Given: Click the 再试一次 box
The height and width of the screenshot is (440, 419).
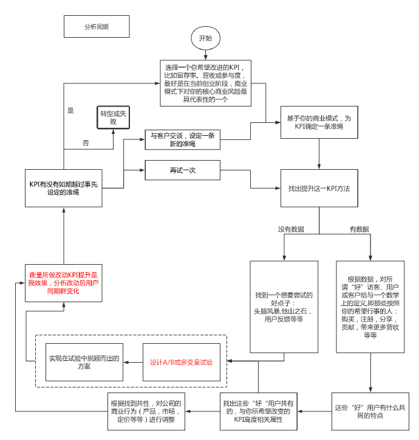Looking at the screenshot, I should pyautogui.click(x=182, y=170).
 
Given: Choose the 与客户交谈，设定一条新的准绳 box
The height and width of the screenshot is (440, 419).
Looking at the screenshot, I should pyautogui.click(x=182, y=140).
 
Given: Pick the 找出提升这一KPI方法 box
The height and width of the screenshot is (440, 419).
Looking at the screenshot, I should pyautogui.click(x=319, y=189).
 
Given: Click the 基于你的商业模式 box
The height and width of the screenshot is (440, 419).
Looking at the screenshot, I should pyautogui.click(x=319, y=123).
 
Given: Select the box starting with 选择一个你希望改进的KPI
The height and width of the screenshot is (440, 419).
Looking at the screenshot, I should pyautogui.click(x=206, y=83).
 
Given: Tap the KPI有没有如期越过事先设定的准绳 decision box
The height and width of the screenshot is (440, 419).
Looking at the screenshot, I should pyautogui.click(x=63, y=188).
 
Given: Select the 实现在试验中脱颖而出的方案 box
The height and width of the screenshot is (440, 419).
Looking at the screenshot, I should pyautogui.click(x=84, y=362).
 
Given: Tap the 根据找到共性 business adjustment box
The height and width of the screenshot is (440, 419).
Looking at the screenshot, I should pyautogui.click(x=145, y=411).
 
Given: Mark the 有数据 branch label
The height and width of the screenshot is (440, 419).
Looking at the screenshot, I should pyautogui.click(x=359, y=229).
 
